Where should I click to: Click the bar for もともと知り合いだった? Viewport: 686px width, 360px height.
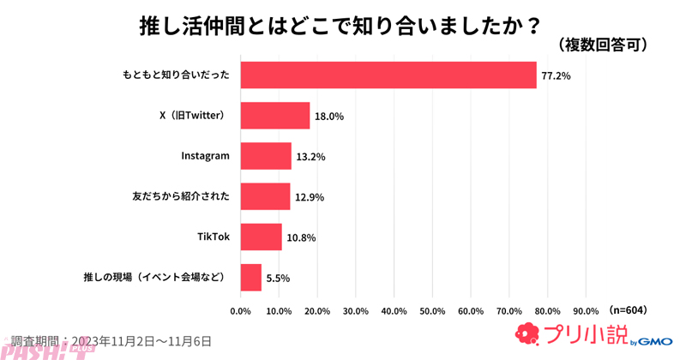388,75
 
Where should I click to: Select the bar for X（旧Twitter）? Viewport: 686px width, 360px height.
274,116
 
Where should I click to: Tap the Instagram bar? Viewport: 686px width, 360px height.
266,156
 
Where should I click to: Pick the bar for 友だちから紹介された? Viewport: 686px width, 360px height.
265,196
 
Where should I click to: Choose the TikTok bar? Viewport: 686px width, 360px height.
261,237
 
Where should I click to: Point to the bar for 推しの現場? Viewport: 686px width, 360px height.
250,277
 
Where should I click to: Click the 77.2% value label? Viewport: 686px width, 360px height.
556,76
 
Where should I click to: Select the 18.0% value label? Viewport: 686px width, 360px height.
329,117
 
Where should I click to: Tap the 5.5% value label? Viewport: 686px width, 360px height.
279,278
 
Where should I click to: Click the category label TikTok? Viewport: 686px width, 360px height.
213,237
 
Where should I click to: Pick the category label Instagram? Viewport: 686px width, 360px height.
206,156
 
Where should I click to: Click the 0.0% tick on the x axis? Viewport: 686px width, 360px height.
241,310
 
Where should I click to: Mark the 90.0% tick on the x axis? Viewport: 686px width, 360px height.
586,310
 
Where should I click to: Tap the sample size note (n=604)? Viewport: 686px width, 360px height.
628,309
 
